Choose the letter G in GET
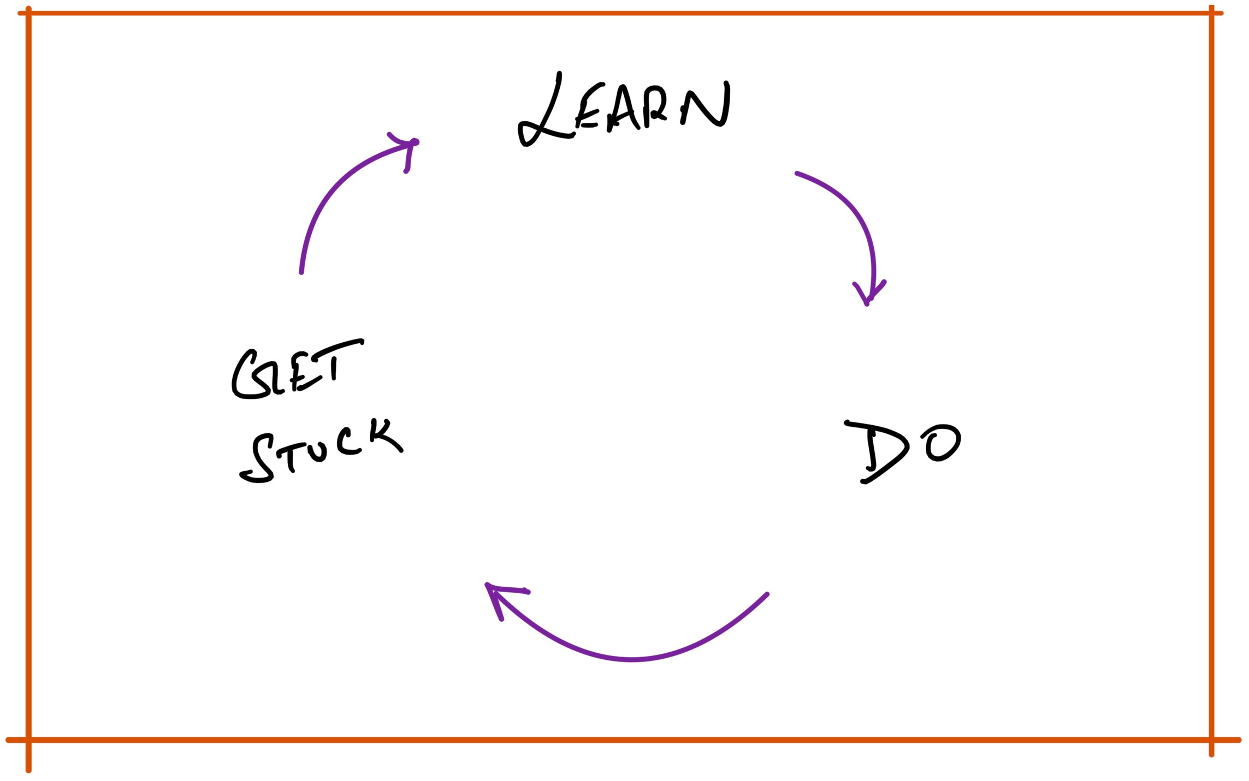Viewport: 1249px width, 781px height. pos(248,377)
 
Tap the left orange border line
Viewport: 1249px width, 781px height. pos(28,382)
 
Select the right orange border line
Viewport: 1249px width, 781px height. pos(1211,382)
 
